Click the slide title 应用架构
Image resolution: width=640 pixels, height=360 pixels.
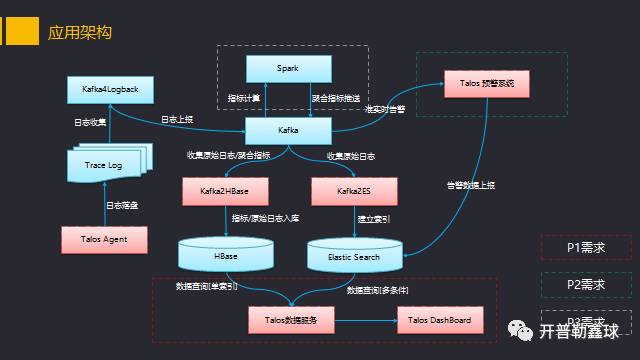click(x=80, y=32)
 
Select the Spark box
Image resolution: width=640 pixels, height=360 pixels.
click(x=288, y=67)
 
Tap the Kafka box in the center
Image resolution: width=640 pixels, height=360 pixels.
click(x=288, y=130)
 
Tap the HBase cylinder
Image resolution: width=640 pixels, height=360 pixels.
click(x=226, y=256)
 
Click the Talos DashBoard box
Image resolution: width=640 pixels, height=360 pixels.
click(x=440, y=321)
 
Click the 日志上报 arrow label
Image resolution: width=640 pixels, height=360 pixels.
click(x=178, y=120)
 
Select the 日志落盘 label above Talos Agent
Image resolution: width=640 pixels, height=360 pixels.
click(x=122, y=206)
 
